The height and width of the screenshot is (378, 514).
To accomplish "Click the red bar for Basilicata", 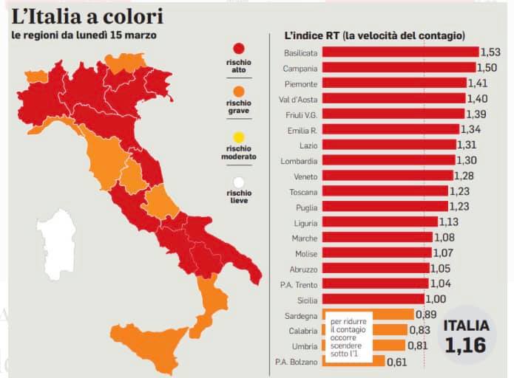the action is click(x=400, y=52).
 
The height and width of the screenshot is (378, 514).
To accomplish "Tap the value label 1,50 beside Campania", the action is click(x=487, y=68).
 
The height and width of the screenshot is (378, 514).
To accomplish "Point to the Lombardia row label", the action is click(x=299, y=161).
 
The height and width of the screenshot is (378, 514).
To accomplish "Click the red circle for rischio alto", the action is click(x=239, y=49).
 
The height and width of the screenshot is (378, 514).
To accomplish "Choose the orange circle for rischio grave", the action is click(x=239, y=92).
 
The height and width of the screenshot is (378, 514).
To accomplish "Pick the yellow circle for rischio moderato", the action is click(x=239, y=137).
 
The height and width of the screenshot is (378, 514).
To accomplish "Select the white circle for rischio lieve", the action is click(x=239, y=182).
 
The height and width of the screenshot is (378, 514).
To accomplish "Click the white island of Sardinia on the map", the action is click(x=56, y=244).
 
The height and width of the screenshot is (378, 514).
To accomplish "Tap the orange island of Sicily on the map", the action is click(x=147, y=343).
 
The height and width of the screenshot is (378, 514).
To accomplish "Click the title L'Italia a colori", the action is click(x=87, y=17).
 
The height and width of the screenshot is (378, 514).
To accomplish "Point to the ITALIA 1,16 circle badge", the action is click(x=467, y=335).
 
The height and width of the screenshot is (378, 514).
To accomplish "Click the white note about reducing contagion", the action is click(x=348, y=337).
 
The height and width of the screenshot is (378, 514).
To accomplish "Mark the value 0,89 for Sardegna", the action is click(x=426, y=315).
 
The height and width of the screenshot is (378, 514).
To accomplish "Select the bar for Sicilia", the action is click(x=373, y=299).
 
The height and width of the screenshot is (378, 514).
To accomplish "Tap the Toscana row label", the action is click(x=303, y=192).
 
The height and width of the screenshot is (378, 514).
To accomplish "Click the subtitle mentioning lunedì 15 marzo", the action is click(x=84, y=35).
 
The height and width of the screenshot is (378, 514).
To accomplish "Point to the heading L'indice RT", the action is click(x=375, y=35).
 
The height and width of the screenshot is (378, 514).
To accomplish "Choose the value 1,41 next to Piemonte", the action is click(x=478, y=83).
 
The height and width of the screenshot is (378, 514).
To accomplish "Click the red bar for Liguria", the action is click(x=380, y=222).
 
